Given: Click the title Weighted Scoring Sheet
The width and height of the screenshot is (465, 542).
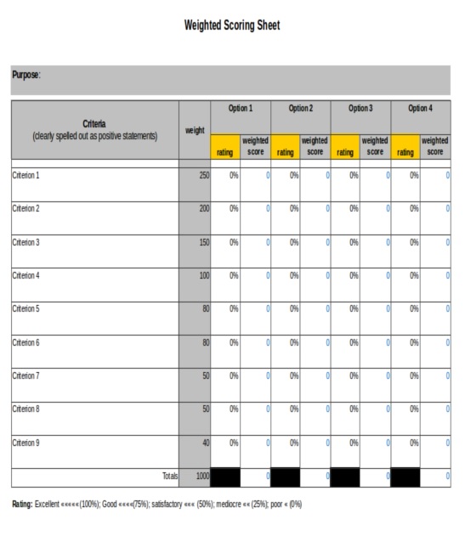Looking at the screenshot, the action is coord(231,25).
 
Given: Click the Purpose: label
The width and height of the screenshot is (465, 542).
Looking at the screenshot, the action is coord(26,75).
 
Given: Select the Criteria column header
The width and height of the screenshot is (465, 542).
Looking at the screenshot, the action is coord(94,125).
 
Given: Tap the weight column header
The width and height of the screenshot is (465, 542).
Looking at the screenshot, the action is coord(195,130).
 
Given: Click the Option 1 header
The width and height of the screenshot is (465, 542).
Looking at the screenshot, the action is coord(240,109).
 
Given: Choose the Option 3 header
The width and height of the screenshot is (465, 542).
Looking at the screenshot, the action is coord(360,109).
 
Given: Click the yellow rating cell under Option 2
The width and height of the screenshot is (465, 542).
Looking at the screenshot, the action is coord(285,147).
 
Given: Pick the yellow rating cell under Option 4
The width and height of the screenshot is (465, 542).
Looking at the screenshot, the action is coord(405,147).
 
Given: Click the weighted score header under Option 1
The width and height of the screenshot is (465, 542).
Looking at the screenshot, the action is coord(255,146).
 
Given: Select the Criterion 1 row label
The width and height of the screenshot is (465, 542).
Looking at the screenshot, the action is coord(26,176).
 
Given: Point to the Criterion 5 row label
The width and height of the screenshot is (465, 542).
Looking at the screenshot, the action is coord(26,309).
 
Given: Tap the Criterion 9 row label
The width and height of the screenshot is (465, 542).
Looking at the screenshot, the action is coord(26,443).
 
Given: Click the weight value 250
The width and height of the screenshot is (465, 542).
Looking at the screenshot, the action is coord(204,176).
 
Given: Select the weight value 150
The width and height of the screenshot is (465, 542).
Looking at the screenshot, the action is coord(204,243).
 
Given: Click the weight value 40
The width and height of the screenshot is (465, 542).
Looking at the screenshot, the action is coord(206,443).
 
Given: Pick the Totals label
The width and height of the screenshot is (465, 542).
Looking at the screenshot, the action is coord(170,477).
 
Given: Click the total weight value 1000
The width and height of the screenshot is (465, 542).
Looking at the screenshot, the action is coord(202,477).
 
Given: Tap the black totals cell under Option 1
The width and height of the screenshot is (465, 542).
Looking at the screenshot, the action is coord(225,477).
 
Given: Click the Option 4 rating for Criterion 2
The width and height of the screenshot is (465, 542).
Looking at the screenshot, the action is coord(413,209).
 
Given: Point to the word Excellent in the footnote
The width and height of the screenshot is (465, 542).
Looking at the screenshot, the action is coord(48,505).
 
